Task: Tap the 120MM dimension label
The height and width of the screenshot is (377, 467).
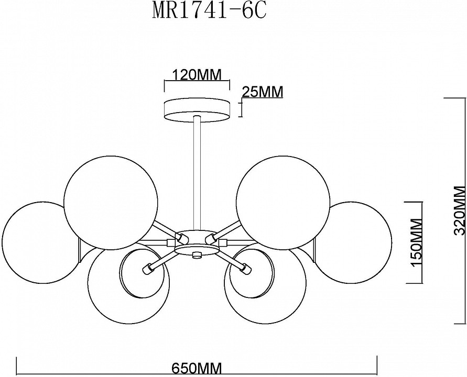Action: pyautogui.click(x=198, y=75)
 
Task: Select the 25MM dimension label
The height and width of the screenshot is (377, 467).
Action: pyautogui.click(x=262, y=92)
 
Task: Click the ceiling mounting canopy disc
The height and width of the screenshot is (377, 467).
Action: pyautogui.click(x=197, y=109)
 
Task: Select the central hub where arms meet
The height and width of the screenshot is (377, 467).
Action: pyautogui.click(x=196, y=242)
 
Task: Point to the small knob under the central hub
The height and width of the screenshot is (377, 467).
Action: pyautogui.click(x=197, y=255)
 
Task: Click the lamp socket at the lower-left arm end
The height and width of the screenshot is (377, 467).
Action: pyautogui.click(x=148, y=269)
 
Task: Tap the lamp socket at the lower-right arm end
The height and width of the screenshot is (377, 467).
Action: pyautogui.click(x=246, y=269)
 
